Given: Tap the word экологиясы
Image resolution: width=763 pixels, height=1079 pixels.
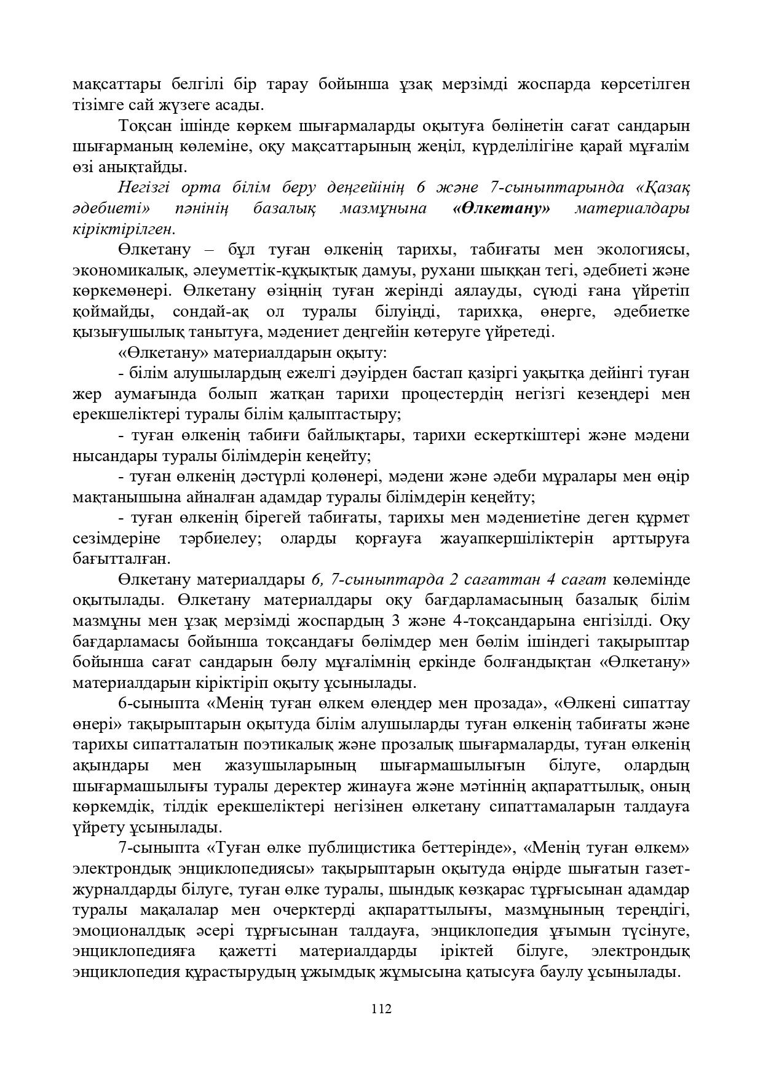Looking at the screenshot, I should (642, 250).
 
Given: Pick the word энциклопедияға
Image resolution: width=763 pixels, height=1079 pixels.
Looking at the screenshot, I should (133, 951).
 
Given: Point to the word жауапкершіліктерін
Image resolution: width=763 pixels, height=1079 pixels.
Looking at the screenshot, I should (517, 539).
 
